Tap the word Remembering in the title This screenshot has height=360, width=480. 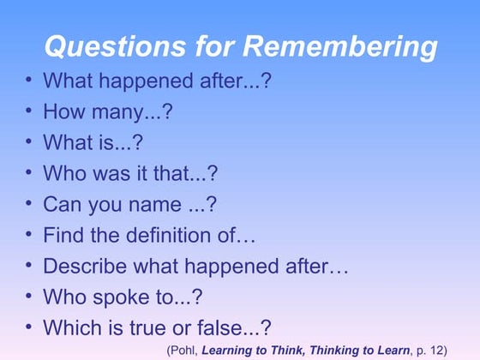pyautogui.click(x=334, y=45)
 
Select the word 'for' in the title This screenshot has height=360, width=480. pyautogui.click(x=204, y=45)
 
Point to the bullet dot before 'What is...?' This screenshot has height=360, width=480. pyautogui.click(x=29, y=141)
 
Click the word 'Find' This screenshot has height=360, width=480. pyautogui.click(x=61, y=235)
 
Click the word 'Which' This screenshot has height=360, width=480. pyautogui.click(x=70, y=327)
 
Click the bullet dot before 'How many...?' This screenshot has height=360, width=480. pyautogui.click(x=29, y=111)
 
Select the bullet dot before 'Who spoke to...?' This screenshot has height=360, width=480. pyautogui.click(x=29, y=296)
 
